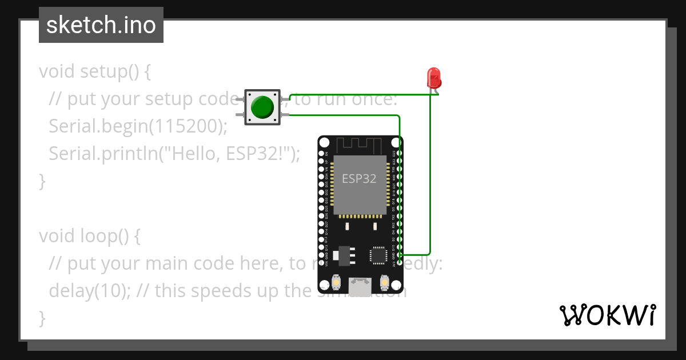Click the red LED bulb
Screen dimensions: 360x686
tap(434, 77)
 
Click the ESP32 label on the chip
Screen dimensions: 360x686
tap(359, 178)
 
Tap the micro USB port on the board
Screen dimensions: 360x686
tap(360, 286)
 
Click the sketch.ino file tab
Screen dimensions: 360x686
tap(101, 25)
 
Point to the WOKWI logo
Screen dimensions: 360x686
tap(607, 315)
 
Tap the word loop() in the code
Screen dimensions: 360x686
tap(106, 236)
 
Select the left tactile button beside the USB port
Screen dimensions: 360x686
tap(336, 282)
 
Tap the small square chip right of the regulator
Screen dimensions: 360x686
tap(378, 255)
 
